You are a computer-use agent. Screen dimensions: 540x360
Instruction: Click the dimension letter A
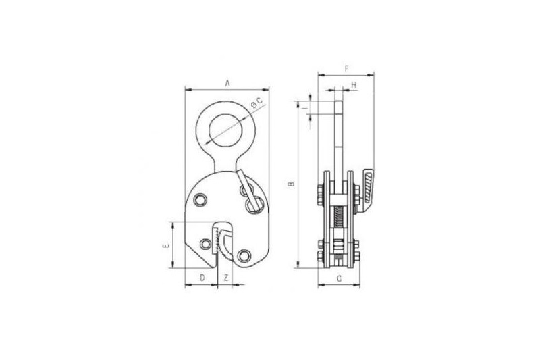[227, 83]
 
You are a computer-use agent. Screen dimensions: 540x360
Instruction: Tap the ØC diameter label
[256, 103]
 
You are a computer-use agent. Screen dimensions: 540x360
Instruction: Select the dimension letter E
[165, 246]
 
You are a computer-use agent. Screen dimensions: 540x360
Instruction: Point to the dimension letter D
[202, 278]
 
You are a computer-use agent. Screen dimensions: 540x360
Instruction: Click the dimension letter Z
[226, 278]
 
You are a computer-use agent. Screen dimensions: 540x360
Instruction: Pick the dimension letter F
[347, 68]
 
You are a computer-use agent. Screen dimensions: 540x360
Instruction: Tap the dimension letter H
[354, 84]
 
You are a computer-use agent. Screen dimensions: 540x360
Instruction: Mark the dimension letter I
[304, 108]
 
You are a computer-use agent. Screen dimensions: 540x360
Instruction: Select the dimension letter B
[292, 184]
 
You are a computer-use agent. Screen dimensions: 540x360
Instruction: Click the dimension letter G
[340, 278]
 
